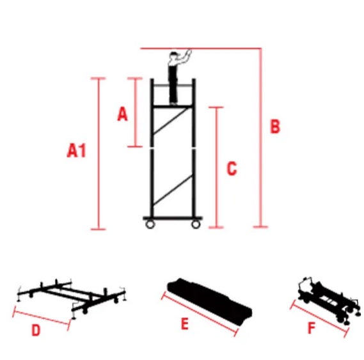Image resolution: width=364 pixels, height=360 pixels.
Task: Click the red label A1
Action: [76, 150]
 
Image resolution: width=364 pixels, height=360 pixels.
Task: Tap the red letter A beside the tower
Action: [122, 114]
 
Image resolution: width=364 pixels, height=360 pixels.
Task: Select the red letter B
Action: [275, 126]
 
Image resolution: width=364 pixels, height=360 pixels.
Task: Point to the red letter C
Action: [232, 168]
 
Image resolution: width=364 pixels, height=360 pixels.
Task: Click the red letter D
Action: [36, 330]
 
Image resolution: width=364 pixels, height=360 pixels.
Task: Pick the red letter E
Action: [184, 324]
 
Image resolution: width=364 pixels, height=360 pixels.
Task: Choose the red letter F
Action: [312, 328]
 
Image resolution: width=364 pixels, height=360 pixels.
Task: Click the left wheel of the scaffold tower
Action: [150, 224]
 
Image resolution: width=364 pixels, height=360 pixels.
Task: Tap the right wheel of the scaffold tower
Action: [196, 224]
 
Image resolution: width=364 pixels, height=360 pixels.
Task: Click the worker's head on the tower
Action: [173, 56]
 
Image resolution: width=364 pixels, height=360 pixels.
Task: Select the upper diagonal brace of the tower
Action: [171, 121]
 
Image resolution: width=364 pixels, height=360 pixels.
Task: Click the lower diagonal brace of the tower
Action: [173, 190]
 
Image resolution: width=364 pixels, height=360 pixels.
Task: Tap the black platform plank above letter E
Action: [210, 301]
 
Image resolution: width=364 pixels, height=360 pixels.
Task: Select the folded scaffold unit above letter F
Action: [329, 299]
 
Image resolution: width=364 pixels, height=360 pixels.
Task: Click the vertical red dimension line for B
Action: [261, 137]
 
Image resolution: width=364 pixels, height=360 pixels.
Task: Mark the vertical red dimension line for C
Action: [217, 168]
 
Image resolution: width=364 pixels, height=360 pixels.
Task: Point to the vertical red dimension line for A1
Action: [98, 153]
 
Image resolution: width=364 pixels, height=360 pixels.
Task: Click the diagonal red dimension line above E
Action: [200, 314]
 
